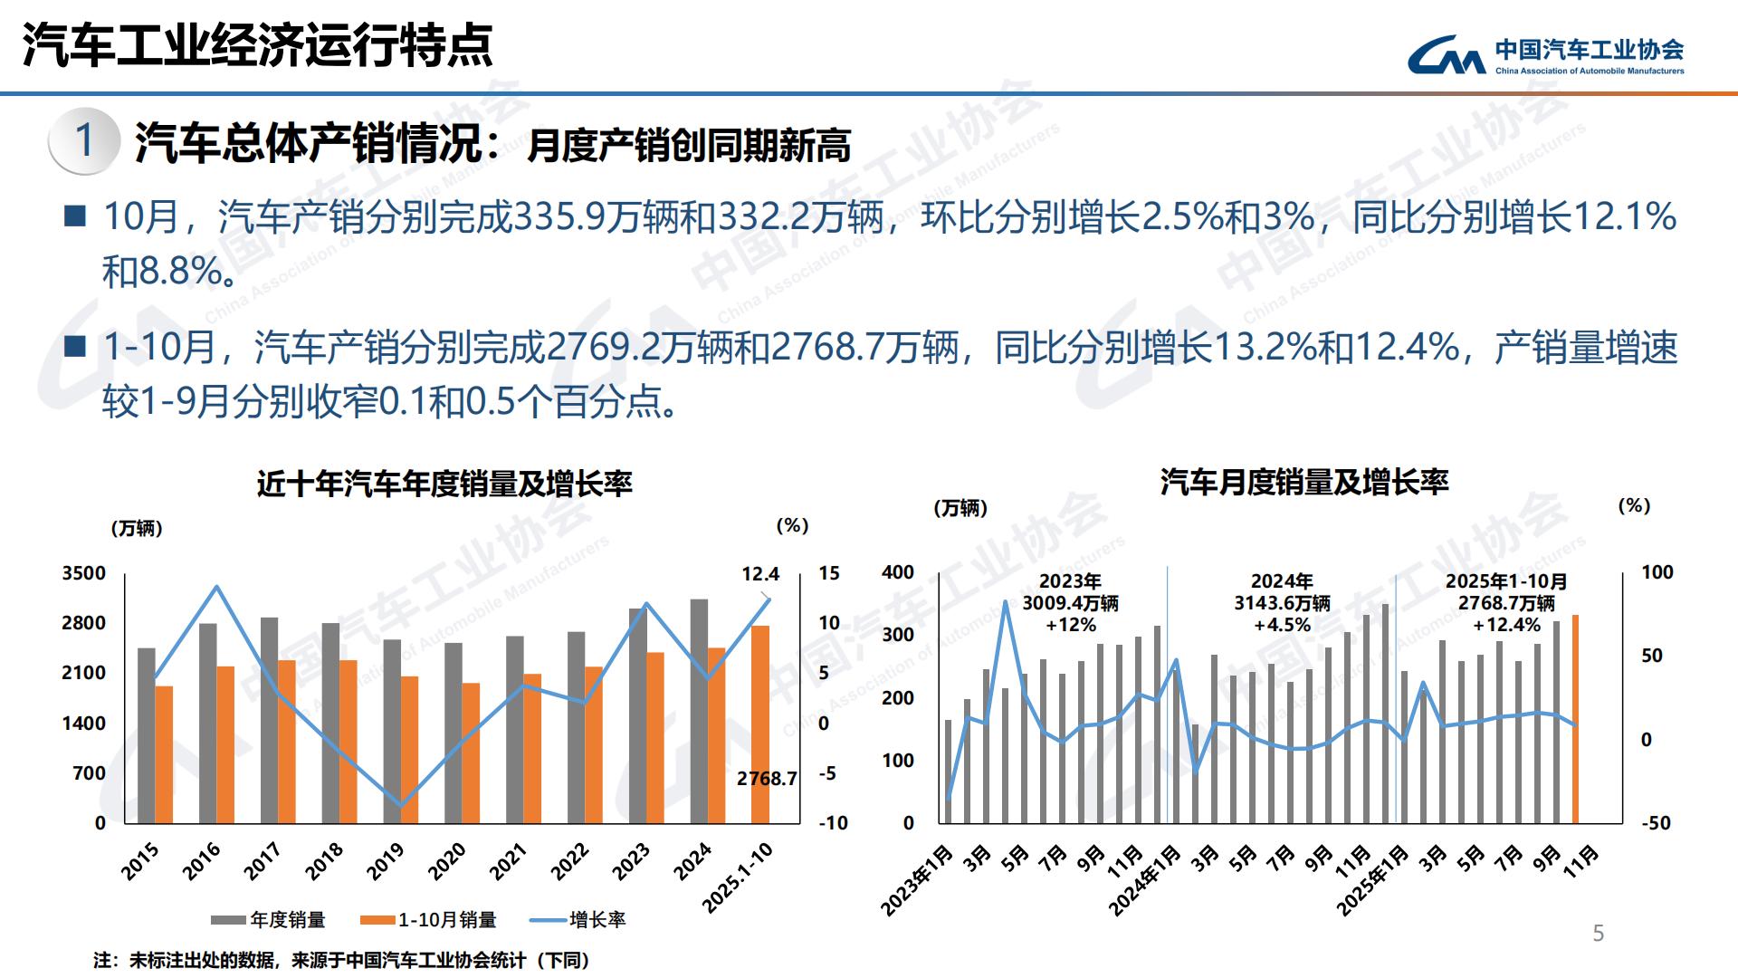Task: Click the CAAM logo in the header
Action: [1544, 55]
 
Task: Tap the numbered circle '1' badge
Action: [84, 141]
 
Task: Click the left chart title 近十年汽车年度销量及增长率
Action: [444, 484]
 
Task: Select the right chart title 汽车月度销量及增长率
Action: [1303, 482]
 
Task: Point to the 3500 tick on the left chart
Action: [83, 573]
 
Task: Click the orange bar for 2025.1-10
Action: [760, 724]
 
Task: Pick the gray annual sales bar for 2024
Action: [699, 711]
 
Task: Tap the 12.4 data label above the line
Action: [760, 574]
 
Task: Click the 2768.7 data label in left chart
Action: [766, 779]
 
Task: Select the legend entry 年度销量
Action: [269, 920]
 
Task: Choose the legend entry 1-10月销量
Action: [429, 920]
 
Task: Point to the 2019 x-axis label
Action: [386, 861]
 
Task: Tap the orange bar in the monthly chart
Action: [1575, 719]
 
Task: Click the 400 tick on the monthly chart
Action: [897, 572]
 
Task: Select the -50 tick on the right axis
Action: [1656, 823]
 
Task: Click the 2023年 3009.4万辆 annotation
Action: [1070, 603]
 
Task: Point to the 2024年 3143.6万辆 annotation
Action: [1282, 603]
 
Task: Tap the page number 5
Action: [1598, 934]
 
